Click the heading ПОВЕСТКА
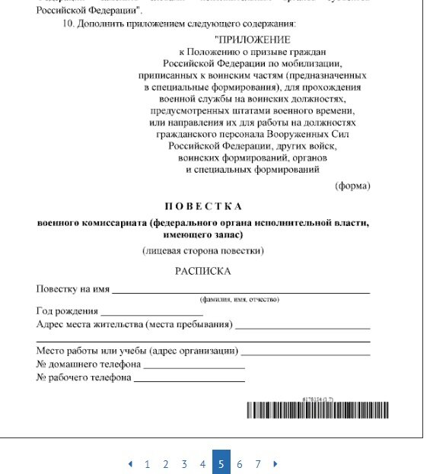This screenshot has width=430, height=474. (203, 206)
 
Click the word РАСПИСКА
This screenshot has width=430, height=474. (202, 271)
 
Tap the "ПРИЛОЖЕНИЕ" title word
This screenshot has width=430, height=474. (254, 39)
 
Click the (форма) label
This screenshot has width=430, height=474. (352, 186)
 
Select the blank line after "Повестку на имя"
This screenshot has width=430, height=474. (241, 291)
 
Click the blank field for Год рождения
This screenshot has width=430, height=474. (151, 313)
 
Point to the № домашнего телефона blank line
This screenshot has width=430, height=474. (194, 366)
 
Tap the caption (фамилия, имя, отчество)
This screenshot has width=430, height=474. (240, 300)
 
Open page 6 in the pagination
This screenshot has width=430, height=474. (239, 463)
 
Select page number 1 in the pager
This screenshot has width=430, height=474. (147, 463)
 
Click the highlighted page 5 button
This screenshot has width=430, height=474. (221, 463)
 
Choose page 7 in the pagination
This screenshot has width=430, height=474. (258, 463)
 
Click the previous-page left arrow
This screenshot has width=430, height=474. (129, 463)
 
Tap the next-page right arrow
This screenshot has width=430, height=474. (275, 463)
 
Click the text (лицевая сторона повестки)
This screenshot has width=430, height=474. (202, 250)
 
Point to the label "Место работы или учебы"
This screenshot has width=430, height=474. (91, 351)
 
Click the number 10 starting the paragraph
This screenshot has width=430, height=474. (69, 24)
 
